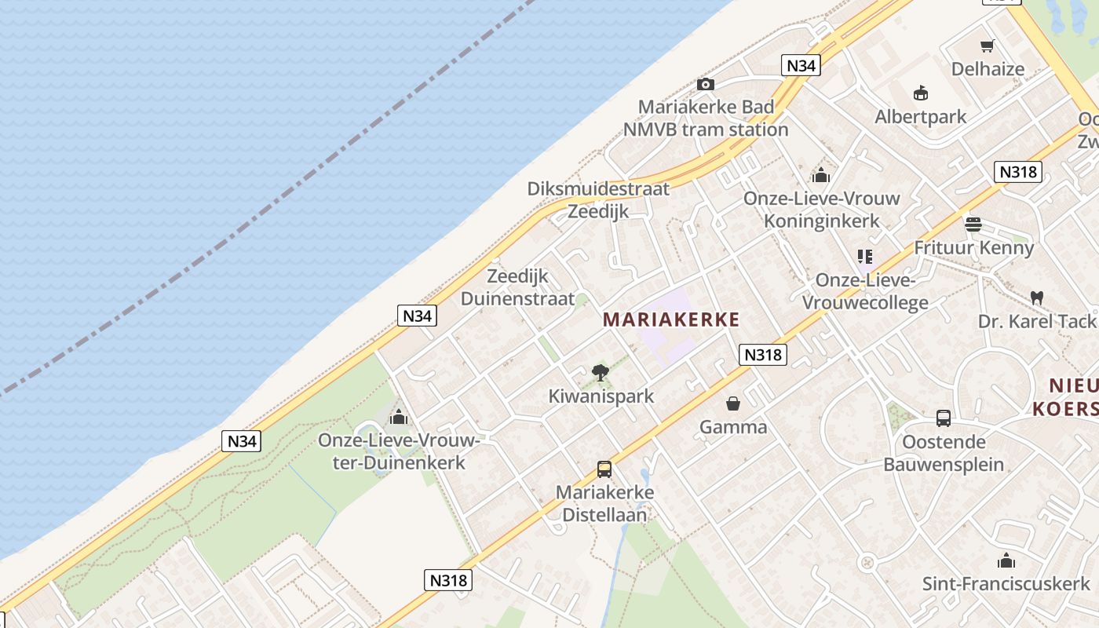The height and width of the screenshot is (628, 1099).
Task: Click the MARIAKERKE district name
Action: click(x=671, y=319)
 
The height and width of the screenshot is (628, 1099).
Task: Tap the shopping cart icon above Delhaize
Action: click(x=988, y=46)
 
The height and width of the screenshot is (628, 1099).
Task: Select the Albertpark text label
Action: click(x=921, y=117)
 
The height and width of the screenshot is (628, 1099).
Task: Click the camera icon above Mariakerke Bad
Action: click(x=705, y=85)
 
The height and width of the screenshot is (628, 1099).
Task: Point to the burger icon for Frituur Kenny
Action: click(x=973, y=225)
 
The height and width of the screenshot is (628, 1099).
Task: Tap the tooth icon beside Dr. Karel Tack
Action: click(x=1036, y=298)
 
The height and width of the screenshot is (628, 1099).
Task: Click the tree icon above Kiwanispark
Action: click(x=601, y=373)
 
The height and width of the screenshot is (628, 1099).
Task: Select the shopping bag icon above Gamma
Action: click(x=732, y=403)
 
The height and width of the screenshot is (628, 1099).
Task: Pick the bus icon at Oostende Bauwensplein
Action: click(x=944, y=418)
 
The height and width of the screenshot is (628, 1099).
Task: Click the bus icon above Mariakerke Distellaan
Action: click(x=604, y=469)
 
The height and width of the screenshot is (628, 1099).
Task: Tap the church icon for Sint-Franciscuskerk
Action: click(x=1006, y=560)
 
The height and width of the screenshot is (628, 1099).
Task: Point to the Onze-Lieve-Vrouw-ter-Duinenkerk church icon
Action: click(x=399, y=417)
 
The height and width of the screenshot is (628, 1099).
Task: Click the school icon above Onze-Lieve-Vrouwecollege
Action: click(x=864, y=257)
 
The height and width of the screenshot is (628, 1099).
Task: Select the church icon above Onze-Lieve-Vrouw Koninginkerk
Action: click(x=821, y=175)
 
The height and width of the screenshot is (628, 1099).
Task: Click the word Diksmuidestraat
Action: click(x=598, y=189)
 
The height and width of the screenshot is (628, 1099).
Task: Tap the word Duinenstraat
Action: click(x=517, y=299)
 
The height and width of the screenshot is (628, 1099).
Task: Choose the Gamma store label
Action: click(x=733, y=427)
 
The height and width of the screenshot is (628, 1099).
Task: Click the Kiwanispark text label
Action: click(x=601, y=396)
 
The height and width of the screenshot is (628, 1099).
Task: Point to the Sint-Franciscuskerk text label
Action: click(x=1006, y=584)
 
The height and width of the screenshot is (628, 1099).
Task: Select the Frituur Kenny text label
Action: click(x=973, y=248)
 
